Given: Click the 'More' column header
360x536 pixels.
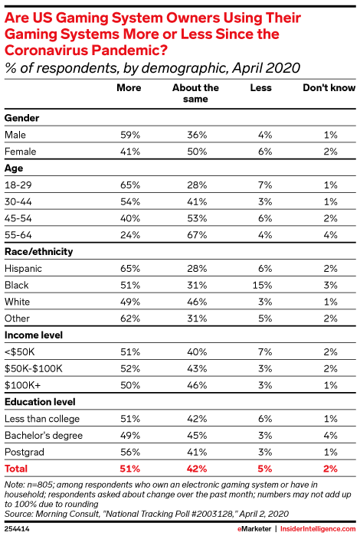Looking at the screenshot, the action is (129, 88).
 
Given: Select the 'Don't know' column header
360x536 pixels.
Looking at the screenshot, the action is (329, 88).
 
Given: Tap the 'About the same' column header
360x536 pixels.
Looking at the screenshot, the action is (195, 93).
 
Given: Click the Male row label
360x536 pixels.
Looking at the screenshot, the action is (15, 135).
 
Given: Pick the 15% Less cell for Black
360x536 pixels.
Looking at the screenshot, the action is (262, 285).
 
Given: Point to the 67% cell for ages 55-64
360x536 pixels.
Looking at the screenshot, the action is (197, 235).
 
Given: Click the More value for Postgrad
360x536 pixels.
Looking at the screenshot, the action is (130, 452).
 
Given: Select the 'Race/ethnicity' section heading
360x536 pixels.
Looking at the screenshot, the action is (38, 252).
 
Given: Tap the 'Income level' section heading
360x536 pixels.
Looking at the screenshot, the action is (34, 335).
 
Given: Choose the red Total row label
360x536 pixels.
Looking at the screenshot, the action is (16, 469).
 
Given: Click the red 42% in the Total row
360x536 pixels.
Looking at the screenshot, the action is (197, 469).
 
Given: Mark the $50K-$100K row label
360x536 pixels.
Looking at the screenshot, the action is (34, 368).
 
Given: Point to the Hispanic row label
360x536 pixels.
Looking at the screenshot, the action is (23, 268).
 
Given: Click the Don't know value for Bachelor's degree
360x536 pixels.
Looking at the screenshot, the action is (331, 435).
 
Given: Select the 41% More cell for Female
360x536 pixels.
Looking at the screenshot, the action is (130, 152).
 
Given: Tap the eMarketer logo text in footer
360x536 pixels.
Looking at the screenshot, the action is (254, 529).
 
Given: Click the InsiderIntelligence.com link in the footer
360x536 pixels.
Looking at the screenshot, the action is (318, 529).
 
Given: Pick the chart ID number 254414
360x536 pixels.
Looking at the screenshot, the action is (17, 529).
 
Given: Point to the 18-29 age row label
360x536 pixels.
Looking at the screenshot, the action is (18, 185).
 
